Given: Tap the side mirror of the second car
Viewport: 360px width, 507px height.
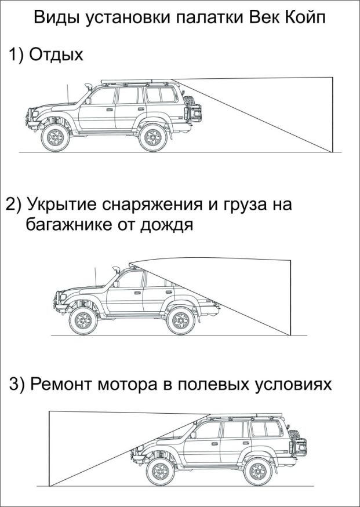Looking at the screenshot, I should [116, 283].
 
